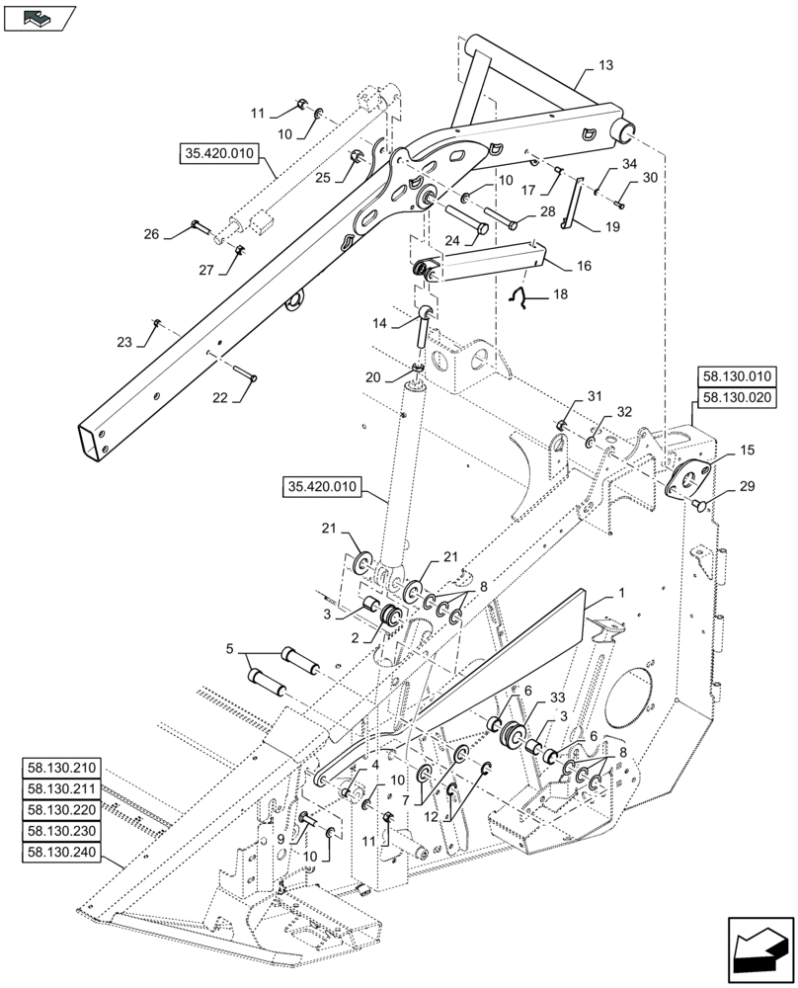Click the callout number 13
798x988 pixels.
click(605, 65)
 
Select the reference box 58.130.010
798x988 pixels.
click(739, 376)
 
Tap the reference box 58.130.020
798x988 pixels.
click(739, 397)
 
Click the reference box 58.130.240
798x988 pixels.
click(60, 851)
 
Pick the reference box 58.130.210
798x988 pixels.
click(60, 768)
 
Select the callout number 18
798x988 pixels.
click(560, 295)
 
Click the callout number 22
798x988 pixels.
click(220, 398)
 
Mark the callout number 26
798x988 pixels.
click(151, 234)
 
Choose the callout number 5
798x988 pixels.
click(229, 650)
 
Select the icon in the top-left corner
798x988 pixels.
click(40, 17)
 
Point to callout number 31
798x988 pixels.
click(593, 396)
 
